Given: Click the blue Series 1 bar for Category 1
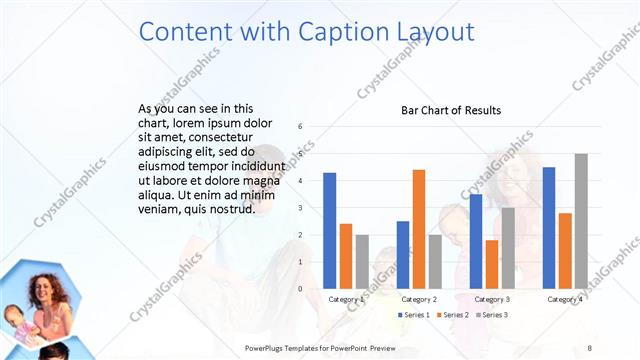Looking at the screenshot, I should click(x=330, y=231).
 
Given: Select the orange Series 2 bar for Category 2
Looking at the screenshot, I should click(x=418, y=229).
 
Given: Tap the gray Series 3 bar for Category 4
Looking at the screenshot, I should click(x=581, y=221).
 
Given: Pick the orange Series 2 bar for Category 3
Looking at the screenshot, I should click(x=492, y=264).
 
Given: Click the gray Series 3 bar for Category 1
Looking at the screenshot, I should click(x=362, y=262).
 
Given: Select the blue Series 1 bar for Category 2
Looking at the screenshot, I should click(x=403, y=255).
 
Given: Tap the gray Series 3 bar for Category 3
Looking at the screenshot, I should click(x=508, y=248).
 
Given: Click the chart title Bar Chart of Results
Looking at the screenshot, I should click(x=451, y=110).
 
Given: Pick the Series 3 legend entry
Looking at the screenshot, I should click(x=491, y=315).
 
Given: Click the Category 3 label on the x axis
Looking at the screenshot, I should click(x=492, y=299).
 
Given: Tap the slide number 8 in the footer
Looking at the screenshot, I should click(x=590, y=347).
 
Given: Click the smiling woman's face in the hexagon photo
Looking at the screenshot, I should click(x=45, y=289).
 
